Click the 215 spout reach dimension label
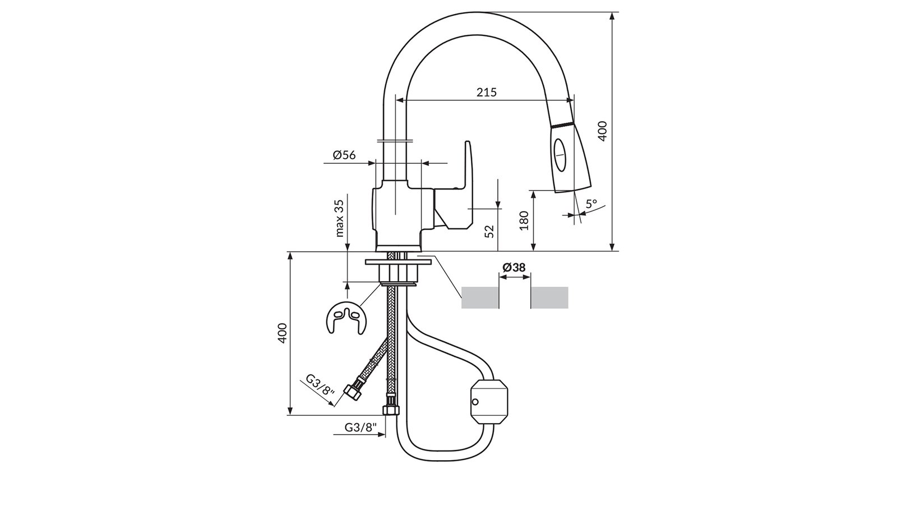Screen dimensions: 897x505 487,92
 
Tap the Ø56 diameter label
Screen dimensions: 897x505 344,155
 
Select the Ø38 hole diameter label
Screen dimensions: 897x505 514,267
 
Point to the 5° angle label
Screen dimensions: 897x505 591,204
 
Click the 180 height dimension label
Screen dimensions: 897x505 524,221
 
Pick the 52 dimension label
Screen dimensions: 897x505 489,231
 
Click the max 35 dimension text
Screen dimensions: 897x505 340,218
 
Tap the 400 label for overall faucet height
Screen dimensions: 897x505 603,131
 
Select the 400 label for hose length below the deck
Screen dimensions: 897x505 283,333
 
